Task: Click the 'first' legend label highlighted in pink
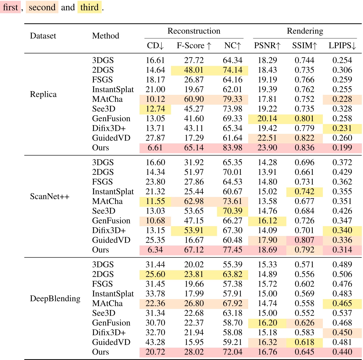11,7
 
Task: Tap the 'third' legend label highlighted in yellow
89,7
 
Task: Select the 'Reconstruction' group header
194,31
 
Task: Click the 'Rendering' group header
305,31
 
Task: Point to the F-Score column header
194,45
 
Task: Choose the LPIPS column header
342,45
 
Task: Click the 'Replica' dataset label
43,94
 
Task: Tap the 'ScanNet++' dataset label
49,196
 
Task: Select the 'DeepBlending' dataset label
55,299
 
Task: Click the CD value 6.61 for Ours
155,148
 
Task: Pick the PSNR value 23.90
267,148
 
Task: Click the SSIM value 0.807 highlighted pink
304,240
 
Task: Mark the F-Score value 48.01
194,70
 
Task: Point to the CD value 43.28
155,342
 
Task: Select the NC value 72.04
232,352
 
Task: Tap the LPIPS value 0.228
342,99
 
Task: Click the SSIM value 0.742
304,192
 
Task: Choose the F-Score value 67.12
194,250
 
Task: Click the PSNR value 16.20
267,323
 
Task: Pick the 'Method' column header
106,36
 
